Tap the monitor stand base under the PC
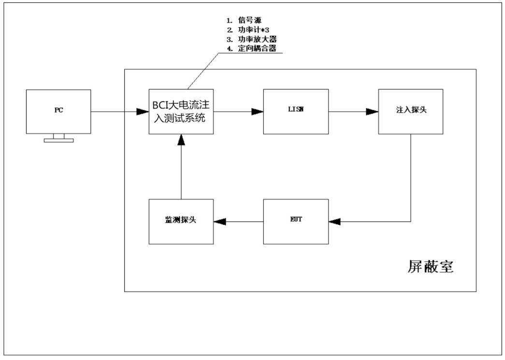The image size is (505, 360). [x=58, y=140]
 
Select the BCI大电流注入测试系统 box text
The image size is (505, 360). [x=181, y=112]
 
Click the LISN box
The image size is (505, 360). [x=295, y=112]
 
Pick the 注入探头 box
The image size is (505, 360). [x=410, y=112]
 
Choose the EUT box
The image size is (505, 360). [x=295, y=221]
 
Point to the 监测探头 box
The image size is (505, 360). [x=181, y=221]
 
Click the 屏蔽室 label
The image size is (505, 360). [x=430, y=267]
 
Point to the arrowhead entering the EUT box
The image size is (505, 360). [x=334, y=221]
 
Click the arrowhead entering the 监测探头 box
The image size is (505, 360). [x=220, y=221]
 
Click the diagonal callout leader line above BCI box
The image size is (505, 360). [x=203, y=71]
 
